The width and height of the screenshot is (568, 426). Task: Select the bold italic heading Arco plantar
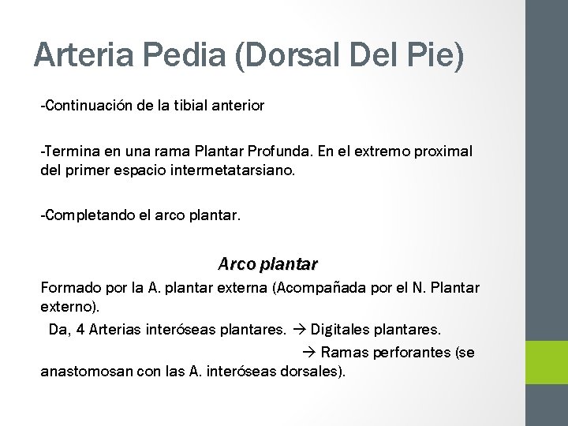pyautogui.click(x=267, y=261)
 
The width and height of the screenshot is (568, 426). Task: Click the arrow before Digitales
pyautogui.click(x=301, y=330)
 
